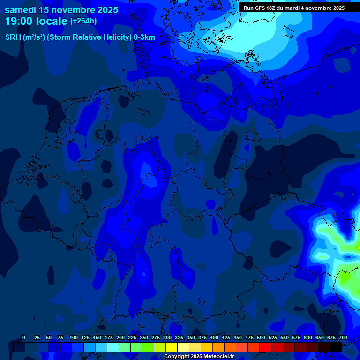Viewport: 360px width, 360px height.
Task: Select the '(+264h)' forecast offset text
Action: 83,21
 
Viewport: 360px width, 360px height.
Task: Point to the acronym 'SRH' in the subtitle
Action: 13,37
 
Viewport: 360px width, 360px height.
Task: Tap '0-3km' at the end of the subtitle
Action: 144,37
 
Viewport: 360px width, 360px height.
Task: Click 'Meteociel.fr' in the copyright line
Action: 219,357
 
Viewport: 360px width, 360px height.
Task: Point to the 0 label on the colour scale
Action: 24,338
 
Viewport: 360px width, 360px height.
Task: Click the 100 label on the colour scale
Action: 74,338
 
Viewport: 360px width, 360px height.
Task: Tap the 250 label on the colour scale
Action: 144,338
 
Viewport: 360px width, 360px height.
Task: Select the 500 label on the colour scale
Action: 261,338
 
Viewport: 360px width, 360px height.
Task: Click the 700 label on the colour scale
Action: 343,338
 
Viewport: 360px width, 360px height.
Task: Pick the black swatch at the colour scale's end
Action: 336,347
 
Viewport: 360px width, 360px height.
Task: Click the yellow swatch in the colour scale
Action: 172,347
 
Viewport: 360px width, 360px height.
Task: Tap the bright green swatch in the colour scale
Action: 148,347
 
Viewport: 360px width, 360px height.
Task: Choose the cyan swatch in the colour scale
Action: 113,347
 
